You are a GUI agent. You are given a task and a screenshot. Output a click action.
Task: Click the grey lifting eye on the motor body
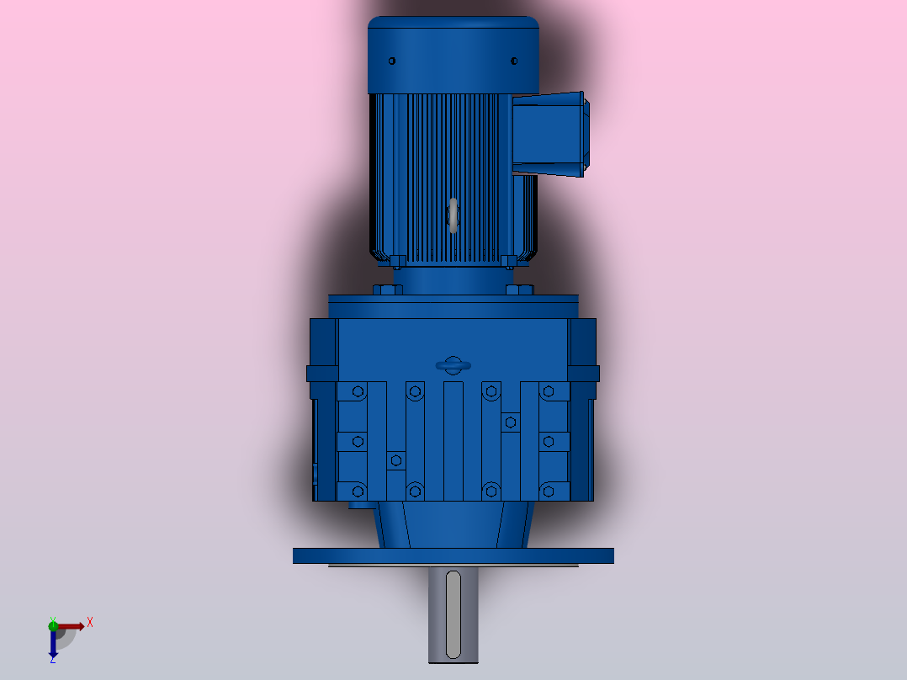(453, 215)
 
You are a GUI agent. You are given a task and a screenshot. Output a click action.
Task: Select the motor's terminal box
(548, 135)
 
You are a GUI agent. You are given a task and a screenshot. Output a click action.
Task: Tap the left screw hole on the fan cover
(391, 61)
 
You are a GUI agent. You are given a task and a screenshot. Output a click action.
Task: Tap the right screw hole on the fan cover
(514, 61)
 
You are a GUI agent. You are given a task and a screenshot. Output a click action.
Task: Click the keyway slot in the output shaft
(453, 614)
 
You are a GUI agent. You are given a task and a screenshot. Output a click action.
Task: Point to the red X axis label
(90, 623)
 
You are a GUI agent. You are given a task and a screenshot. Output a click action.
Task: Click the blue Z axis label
(52, 660)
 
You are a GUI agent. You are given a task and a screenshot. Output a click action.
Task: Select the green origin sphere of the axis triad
(53, 624)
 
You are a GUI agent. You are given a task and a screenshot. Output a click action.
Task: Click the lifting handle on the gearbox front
(453, 364)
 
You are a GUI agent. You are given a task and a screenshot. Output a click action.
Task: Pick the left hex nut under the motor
(387, 290)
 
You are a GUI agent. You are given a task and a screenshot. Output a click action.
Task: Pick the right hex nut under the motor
(519, 290)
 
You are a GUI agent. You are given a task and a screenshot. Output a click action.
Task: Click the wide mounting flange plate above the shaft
(453, 555)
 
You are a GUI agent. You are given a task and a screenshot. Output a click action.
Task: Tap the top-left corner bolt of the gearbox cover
(358, 391)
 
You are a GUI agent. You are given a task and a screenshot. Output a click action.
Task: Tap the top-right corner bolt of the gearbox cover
(548, 391)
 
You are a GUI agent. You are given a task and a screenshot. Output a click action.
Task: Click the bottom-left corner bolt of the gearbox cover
(358, 491)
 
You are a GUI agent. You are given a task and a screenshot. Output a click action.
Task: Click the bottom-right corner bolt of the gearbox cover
(548, 491)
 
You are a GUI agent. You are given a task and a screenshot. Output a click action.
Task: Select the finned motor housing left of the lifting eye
(408, 177)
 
